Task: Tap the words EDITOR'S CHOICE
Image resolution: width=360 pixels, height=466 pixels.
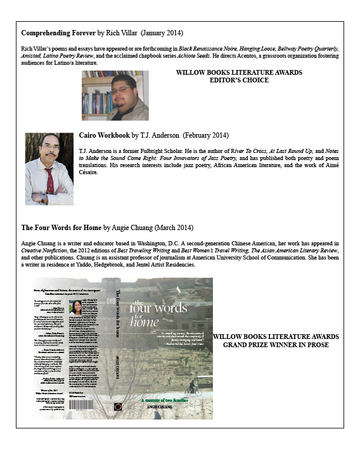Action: (239, 81)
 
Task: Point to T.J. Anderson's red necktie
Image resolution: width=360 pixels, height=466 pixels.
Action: (51, 179)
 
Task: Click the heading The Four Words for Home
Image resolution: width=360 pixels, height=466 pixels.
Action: (61, 227)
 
